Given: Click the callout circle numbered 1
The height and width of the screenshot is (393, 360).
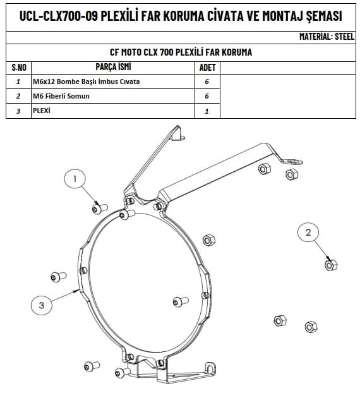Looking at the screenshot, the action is (x=75, y=179).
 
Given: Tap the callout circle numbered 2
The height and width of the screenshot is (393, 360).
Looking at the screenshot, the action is (x=308, y=233).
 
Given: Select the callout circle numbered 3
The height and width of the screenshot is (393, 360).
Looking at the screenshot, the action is (x=42, y=305).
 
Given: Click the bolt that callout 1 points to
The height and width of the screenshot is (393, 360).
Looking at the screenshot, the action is (x=100, y=209).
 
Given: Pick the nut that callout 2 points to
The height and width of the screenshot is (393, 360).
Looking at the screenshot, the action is (x=331, y=265).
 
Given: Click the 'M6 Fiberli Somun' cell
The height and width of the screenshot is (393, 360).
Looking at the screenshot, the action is (x=112, y=96).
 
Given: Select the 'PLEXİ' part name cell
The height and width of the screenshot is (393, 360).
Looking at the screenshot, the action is (x=112, y=111).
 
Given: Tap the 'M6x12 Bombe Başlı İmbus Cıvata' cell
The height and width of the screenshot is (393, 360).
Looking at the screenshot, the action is (x=112, y=82).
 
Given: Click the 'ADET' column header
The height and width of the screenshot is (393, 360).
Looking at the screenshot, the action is (x=207, y=68).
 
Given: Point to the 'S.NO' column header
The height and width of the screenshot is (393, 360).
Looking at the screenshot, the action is (x=19, y=68).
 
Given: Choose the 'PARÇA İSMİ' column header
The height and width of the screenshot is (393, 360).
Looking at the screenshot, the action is (x=113, y=67).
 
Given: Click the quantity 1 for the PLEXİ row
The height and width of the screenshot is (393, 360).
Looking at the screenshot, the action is (x=207, y=111).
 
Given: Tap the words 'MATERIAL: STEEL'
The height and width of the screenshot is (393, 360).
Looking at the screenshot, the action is (x=327, y=37).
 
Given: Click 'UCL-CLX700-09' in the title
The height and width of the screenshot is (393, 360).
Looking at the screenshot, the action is (x=58, y=16).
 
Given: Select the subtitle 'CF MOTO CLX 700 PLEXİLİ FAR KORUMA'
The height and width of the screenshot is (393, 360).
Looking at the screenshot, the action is (x=181, y=52).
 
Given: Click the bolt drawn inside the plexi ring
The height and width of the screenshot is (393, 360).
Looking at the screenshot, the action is (x=181, y=301).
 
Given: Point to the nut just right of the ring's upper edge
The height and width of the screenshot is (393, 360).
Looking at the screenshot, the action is (x=208, y=240).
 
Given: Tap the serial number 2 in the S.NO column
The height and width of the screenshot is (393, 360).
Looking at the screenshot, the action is (x=18, y=96).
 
